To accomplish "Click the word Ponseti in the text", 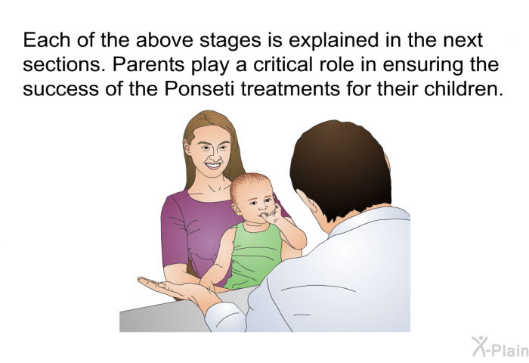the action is coord(199,88).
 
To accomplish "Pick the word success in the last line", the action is coord(61,89).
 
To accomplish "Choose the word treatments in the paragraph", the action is coord(290,89).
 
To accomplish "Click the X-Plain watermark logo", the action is coord(500,347).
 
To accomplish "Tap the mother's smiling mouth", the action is coord(213,166).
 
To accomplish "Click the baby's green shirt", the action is coord(253,256).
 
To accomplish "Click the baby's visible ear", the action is coord(237,209).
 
